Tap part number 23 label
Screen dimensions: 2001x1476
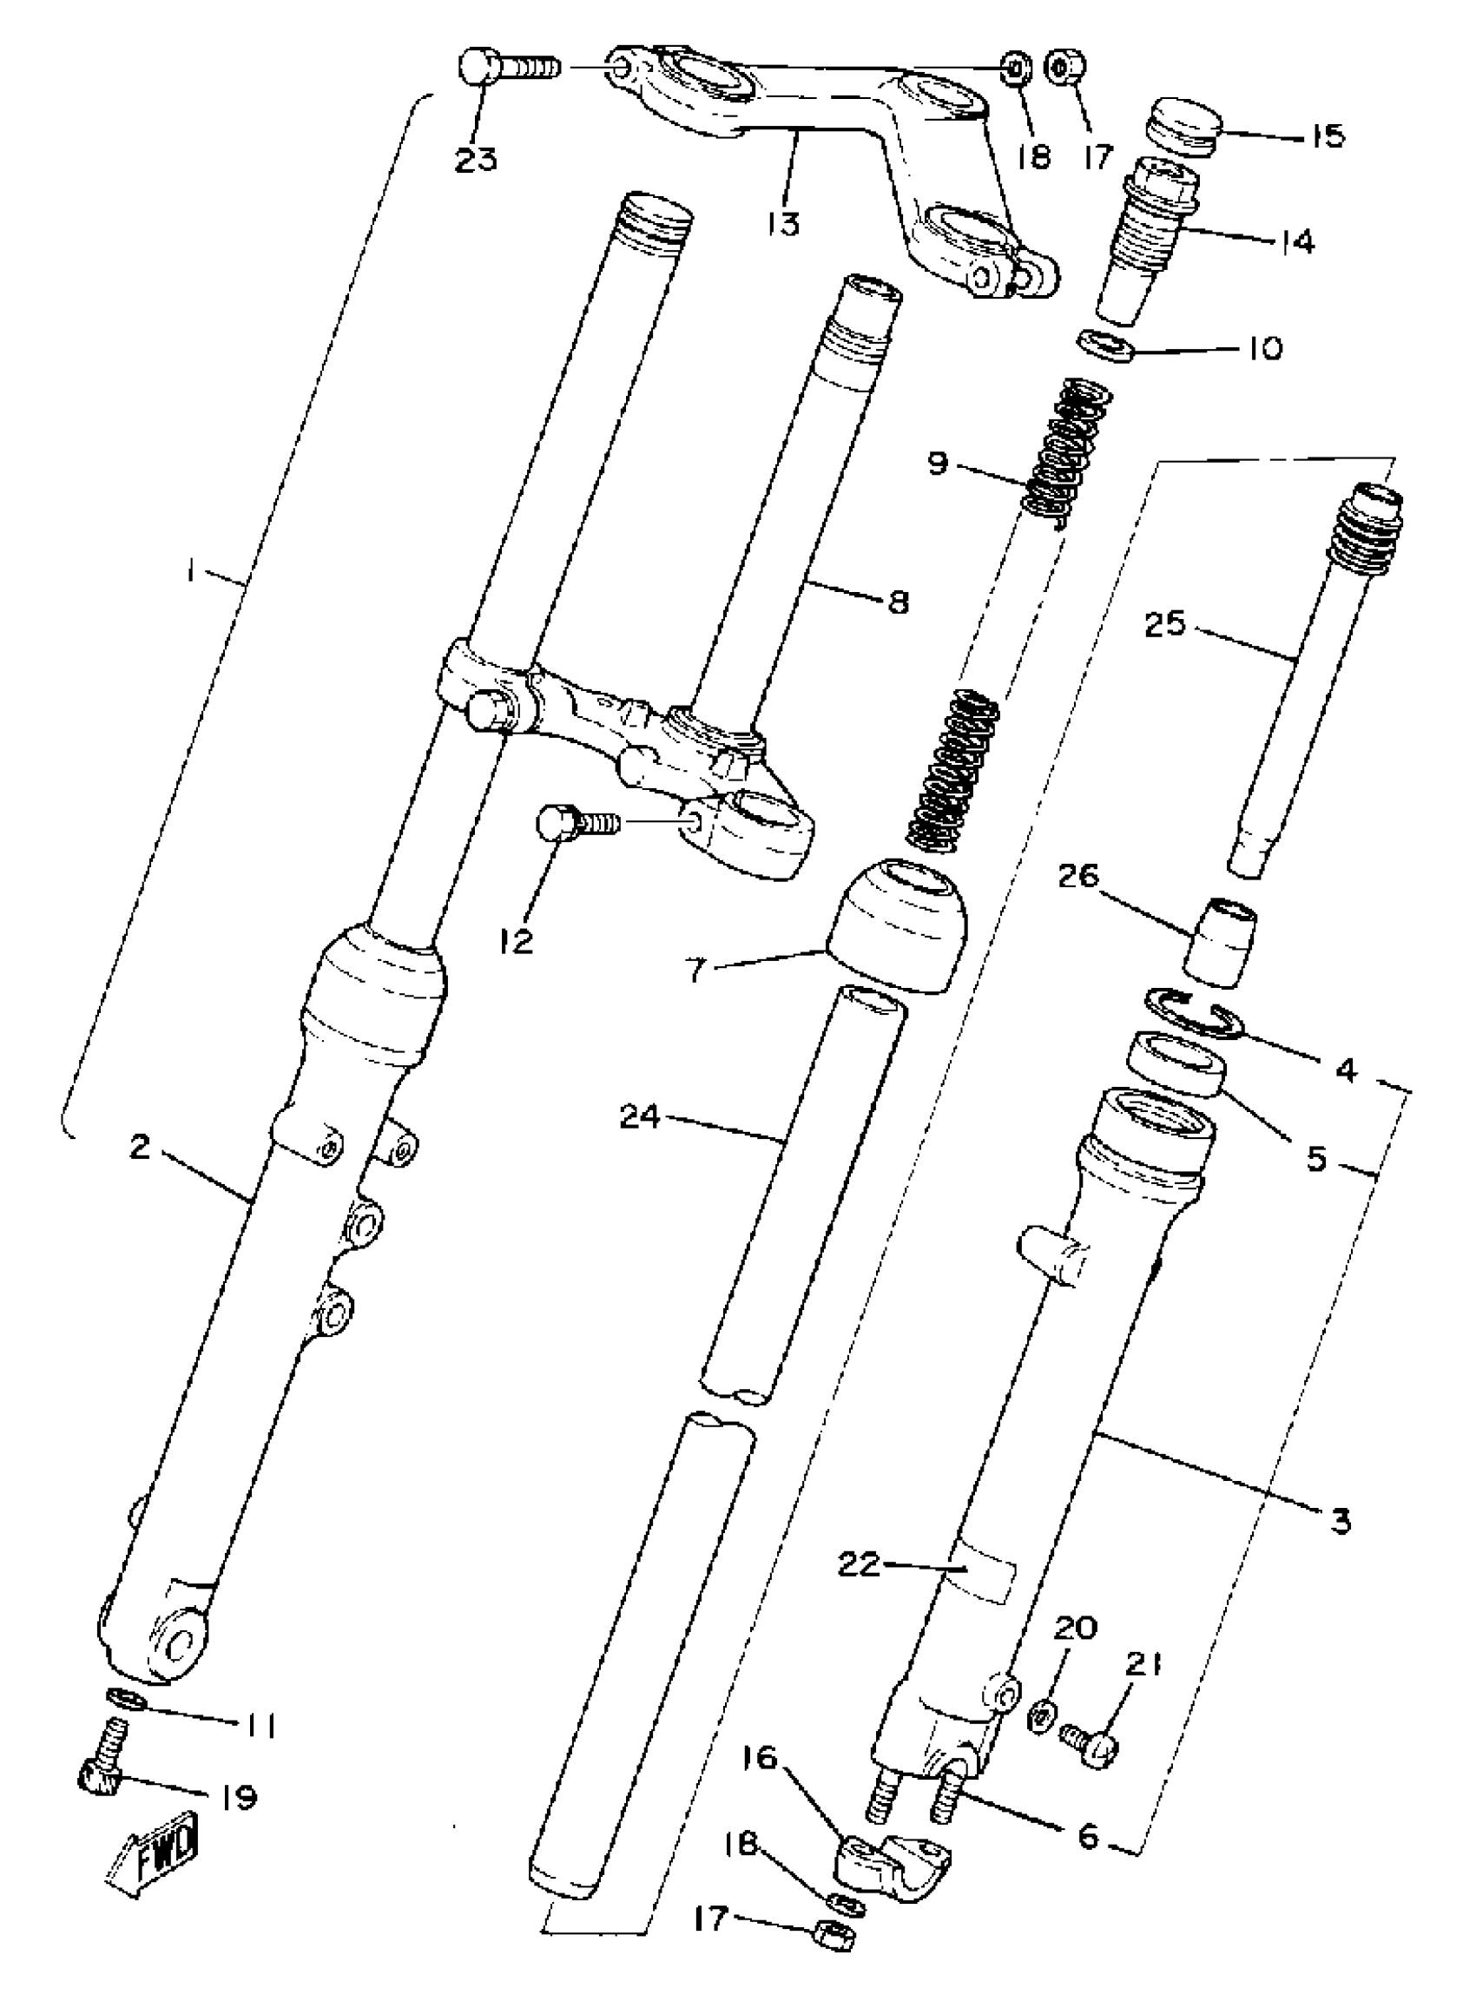[x=476, y=161]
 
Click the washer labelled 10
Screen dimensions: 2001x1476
[x=1105, y=344]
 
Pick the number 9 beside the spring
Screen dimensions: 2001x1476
[x=937, y=465]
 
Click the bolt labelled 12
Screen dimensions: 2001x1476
[x=573, y=820]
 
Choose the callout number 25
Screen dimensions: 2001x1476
[x=1165, y=624]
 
